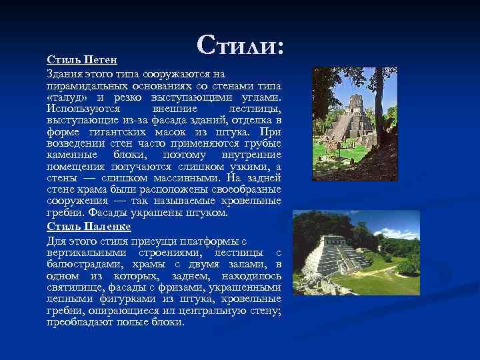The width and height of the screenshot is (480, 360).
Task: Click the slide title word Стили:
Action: coord(241,45)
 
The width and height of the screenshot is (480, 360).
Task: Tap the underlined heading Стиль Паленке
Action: coord(89,227)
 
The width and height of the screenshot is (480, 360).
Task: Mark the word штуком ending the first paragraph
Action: coord(209,213)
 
